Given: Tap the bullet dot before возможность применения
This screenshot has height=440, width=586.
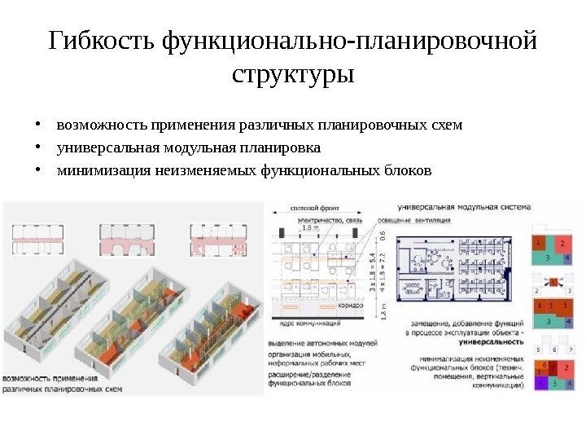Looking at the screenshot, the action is (37, 126).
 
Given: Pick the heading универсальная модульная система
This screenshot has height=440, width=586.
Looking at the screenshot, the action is (461, 207).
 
